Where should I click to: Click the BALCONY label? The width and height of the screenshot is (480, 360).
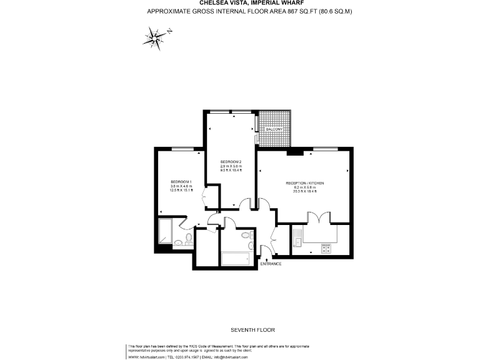(274, 129)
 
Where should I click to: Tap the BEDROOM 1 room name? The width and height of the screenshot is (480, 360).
(181, 181)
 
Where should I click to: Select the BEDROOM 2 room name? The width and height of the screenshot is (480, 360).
(231, 162)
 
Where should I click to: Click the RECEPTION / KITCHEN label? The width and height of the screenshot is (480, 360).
(304, 182)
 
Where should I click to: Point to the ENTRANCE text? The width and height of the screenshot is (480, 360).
(271, 264)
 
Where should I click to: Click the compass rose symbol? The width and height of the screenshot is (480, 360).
(154, 38)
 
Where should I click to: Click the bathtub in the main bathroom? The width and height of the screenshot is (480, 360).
(235, 258)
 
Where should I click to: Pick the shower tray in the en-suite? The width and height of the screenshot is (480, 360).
(166, 231)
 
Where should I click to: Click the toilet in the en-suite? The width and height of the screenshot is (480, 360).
(178, 243)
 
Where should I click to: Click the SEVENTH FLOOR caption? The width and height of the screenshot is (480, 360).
(252, 329)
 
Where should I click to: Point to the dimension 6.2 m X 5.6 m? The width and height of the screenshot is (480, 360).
(304, 187)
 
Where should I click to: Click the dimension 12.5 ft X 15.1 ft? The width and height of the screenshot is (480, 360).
(181, 190)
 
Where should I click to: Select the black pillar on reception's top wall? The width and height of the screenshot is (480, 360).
(294, 151)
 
